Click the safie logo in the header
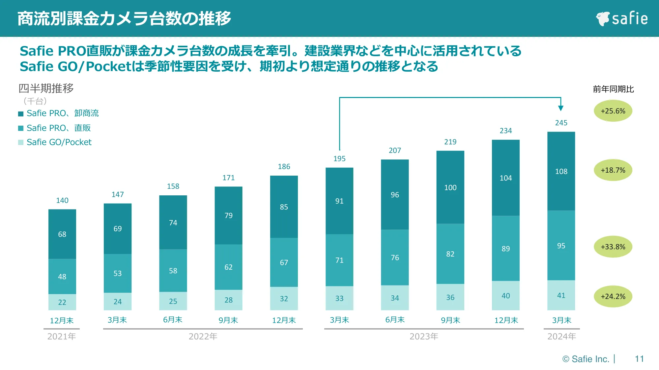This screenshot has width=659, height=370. tap(621, 18)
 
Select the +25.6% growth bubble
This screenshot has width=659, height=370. tap(613, 111)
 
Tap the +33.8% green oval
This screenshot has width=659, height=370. tap(613, 247)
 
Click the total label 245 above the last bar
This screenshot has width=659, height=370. tap(561, 123)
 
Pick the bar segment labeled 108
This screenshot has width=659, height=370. tap(561, 171)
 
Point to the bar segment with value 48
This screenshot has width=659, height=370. tap(62, 277)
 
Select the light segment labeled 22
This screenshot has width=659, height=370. tap(62, 302)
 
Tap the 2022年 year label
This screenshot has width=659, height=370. tap(203, 336)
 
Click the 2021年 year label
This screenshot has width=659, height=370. tap(62, 336)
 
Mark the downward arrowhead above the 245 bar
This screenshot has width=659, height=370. tap(561, 108)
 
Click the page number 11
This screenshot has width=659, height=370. tap(639, 359)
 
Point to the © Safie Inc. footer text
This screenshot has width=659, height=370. tap(586, 359)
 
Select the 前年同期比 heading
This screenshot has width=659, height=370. tap(613, 89)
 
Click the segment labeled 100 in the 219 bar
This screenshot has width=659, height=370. tap(450, 188)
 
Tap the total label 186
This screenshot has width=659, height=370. tap(284, 167)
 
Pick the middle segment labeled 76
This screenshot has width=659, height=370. tap(395, 258)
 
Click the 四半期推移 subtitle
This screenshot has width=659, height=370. tap(46, 88)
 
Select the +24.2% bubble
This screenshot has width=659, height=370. tap(613, 296)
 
